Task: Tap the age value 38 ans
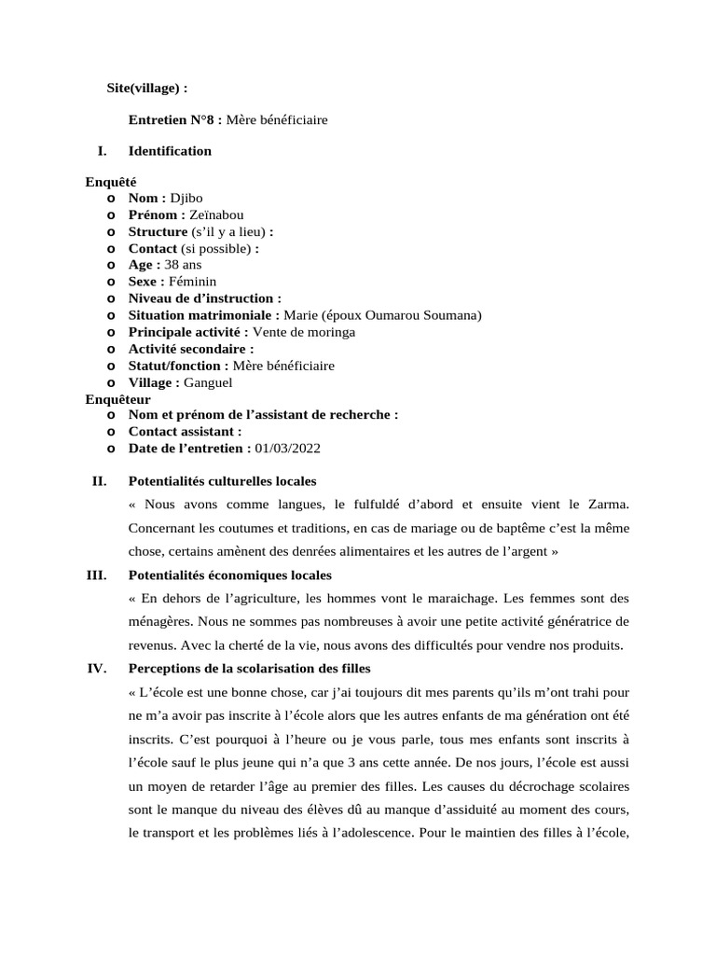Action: click(183, 265)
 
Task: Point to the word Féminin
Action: click(192, 282)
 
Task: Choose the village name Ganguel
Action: click(208, 382)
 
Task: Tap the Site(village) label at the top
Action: click(147, 88)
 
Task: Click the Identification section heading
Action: click(170, 151)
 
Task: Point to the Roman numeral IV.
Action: click(97, 669)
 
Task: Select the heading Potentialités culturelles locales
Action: click(222, 481)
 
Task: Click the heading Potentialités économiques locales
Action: click(229, 575)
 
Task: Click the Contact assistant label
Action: click(185, 432)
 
